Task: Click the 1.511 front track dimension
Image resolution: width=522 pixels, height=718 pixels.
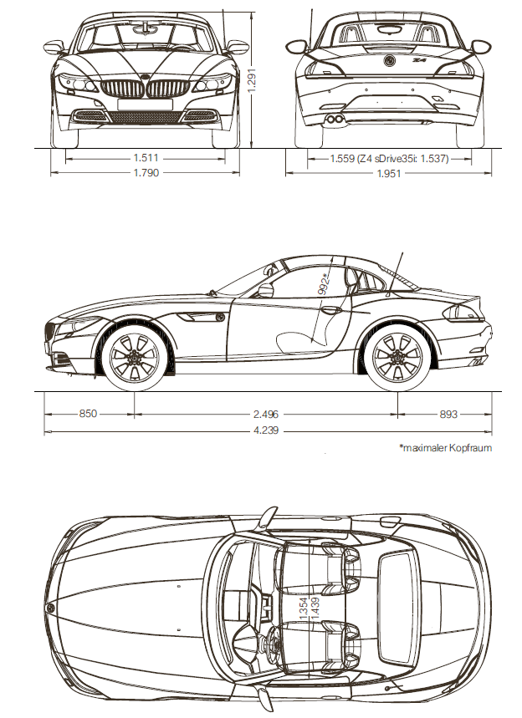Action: tap(146, 156)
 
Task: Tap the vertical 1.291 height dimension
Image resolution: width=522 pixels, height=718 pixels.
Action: tap(251, 79)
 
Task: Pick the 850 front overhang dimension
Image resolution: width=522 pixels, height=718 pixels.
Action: tap(89, 413)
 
